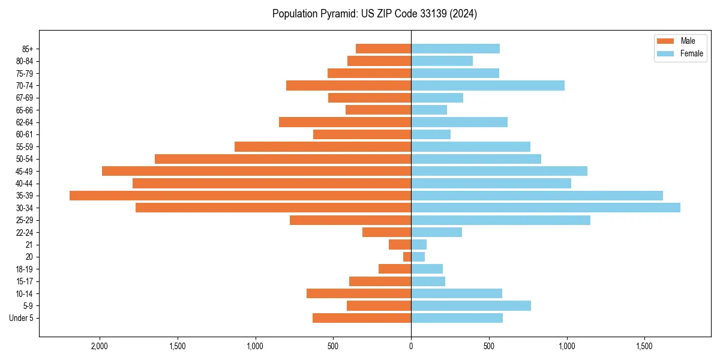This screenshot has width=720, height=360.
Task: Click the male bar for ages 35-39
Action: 240,196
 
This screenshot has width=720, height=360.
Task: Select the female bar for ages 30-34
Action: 545,208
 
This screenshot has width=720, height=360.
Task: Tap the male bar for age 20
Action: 407,257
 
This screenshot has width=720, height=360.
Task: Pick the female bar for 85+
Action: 455,49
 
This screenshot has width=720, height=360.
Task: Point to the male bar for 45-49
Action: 256,171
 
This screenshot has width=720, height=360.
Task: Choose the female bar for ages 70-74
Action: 488,85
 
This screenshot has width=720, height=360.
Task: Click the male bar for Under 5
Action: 362,318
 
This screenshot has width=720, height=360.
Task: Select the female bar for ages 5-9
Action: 471,306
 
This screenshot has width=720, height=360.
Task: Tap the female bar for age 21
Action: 419,245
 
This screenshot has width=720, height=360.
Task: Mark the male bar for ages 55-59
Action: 323,146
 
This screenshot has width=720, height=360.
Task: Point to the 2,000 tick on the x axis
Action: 100,346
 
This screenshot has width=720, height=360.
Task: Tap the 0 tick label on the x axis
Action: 411,346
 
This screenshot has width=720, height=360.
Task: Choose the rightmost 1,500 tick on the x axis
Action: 644,346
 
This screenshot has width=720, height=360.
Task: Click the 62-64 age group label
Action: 24,122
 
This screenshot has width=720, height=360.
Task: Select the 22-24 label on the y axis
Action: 24,233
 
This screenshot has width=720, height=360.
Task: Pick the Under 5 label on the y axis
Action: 21,318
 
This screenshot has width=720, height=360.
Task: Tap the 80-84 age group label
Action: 24,61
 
